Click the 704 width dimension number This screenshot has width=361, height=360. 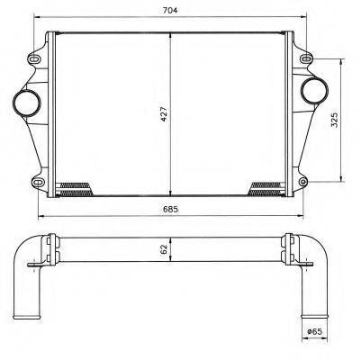click(170, 11)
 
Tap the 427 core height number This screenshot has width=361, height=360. click(164, 114)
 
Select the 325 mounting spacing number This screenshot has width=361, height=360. click(335, 120)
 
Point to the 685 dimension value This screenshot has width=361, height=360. click(170, 209)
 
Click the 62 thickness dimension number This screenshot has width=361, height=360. click(164, 249)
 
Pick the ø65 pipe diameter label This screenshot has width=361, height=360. click(314, 331)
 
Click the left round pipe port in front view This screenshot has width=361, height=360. click(26, 103)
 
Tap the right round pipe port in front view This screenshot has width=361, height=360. click(314, 90)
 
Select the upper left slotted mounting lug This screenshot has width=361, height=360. click(34, 58)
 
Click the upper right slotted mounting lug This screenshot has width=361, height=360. click(306, 58)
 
